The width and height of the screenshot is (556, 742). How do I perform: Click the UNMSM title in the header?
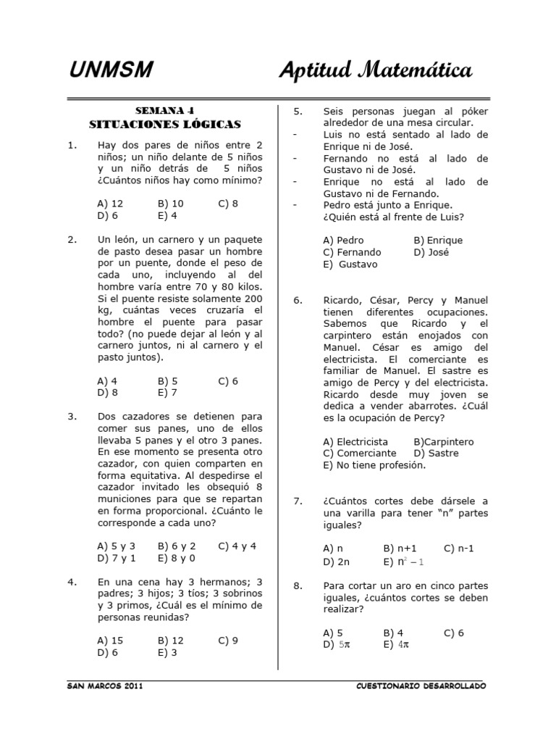111,70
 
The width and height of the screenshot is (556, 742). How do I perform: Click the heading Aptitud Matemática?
376,70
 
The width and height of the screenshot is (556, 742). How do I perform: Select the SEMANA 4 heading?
164,110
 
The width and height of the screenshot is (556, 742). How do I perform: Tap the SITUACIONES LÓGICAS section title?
164,124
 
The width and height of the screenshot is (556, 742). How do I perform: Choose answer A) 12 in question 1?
110,204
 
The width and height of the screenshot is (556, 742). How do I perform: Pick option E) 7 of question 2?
167,393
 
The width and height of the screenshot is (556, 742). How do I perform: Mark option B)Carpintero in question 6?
443,441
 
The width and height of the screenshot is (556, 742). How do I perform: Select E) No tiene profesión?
374,465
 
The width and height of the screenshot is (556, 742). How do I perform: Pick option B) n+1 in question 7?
400,549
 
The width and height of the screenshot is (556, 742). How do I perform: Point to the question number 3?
72,417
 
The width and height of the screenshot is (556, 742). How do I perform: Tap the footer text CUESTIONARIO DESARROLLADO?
422,685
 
